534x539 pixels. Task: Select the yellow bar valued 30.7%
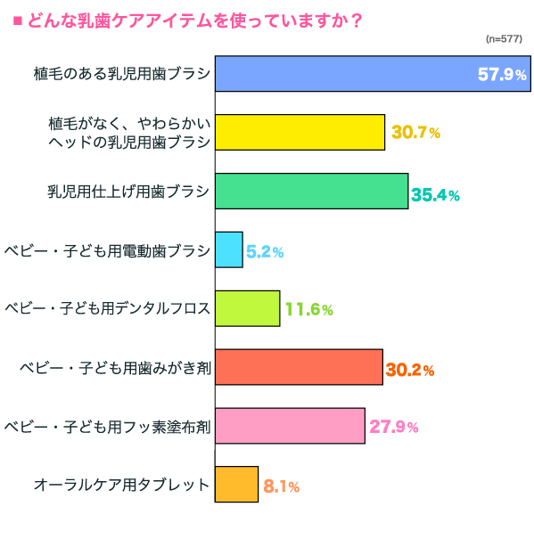coord(300,132)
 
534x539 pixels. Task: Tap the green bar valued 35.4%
coord(312,191)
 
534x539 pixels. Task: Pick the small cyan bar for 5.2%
coord(229,249)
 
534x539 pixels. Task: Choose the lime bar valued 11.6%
coord(248,308)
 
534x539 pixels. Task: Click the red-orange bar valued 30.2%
coord(300,367)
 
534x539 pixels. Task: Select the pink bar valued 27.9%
coord(291,426)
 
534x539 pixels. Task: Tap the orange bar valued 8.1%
coord(237,485)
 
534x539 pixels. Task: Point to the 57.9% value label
coord(502,75)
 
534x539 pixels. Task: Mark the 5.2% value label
coord(265,252)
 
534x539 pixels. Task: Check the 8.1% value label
coord(281,487)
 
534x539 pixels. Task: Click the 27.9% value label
coord(393,428)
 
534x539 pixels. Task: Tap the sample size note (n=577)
coord(504,39)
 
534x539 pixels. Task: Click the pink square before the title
coord(16,18)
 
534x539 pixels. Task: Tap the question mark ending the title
coord(356,18)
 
